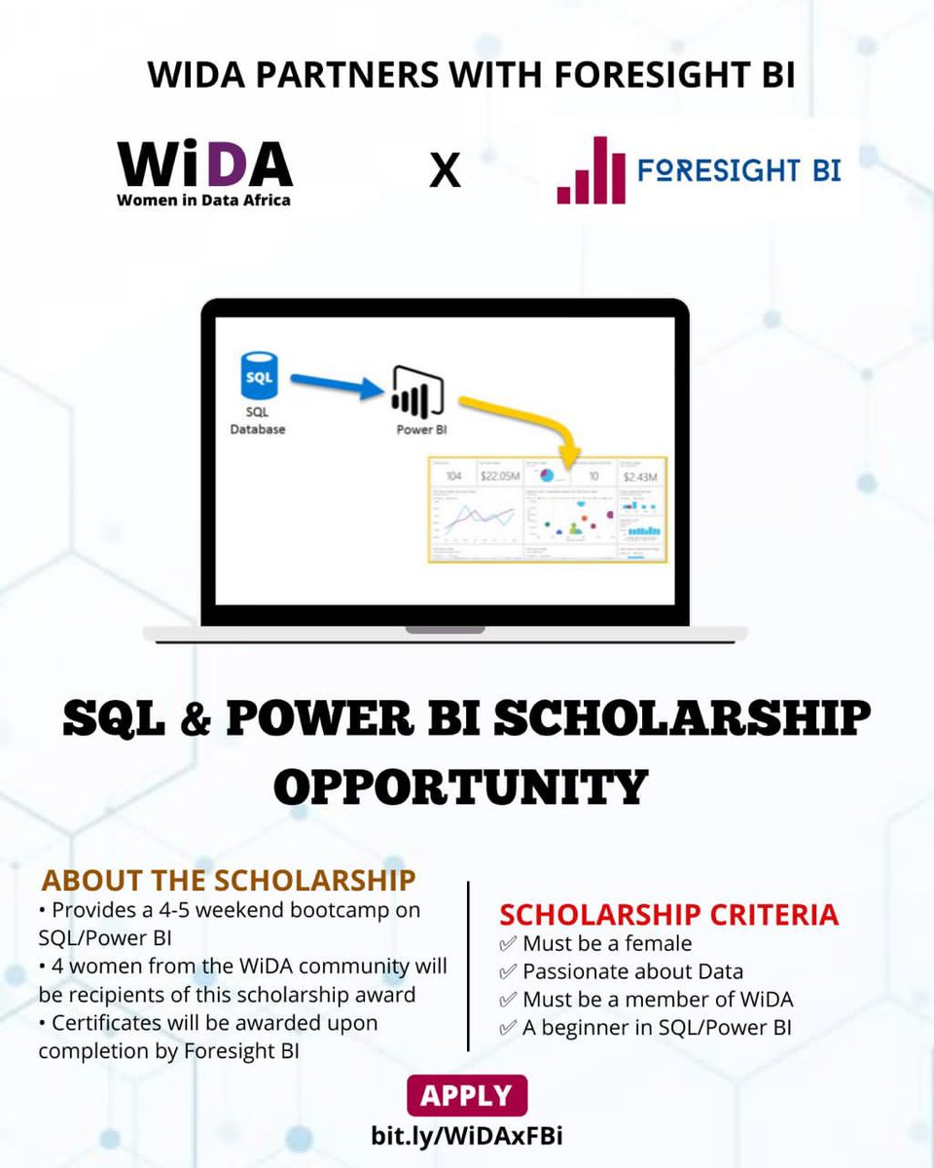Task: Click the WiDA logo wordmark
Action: click(x=204, y=164)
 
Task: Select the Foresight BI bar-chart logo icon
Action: click(x=591, y=170)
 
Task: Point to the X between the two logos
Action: click(x=445, y=171)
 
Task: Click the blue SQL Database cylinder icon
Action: click(x=259, y=378)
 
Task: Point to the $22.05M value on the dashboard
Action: click(x=498, y=476)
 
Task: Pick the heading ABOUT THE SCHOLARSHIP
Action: click(x=229, y=880)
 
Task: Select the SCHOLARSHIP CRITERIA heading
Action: click(x=668, y=915)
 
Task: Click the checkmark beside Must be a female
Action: click(x=507, y=944)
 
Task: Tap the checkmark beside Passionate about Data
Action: click(x=507, y=971)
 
